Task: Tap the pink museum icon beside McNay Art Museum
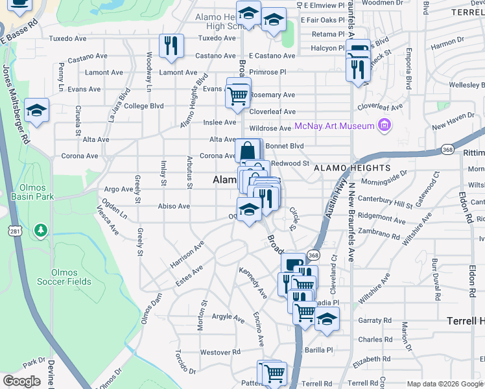384,125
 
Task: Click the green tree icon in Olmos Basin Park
41,230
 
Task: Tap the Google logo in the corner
21,381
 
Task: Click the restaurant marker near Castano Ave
171,46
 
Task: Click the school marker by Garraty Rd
327,319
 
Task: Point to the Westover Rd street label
220,352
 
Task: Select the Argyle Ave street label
228,316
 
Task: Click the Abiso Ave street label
174,206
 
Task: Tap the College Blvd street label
144,106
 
